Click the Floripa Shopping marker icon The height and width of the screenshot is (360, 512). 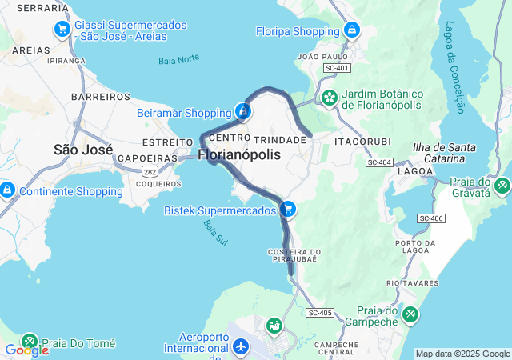coord(350,30)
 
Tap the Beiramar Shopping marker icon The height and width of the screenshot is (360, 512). coord(243,111)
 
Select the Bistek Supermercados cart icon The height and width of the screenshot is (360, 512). coord(288,210)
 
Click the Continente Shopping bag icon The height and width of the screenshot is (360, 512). coord(7,190)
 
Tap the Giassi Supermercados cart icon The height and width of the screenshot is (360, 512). coord(62,30)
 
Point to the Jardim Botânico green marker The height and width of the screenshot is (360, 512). coord(329,98)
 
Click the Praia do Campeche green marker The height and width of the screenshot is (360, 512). coord(410,314)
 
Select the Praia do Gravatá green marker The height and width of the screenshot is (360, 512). coord(502,186)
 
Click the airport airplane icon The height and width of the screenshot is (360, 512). coord(241,347)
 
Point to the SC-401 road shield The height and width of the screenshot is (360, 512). coord(337,68)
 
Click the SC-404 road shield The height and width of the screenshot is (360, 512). coord(378,162)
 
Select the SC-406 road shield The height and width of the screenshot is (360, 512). coord(430,218)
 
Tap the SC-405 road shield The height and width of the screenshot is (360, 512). coord(319,312)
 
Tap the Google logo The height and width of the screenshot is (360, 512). coord(26,350)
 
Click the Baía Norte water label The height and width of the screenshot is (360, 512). coord(178,58)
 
